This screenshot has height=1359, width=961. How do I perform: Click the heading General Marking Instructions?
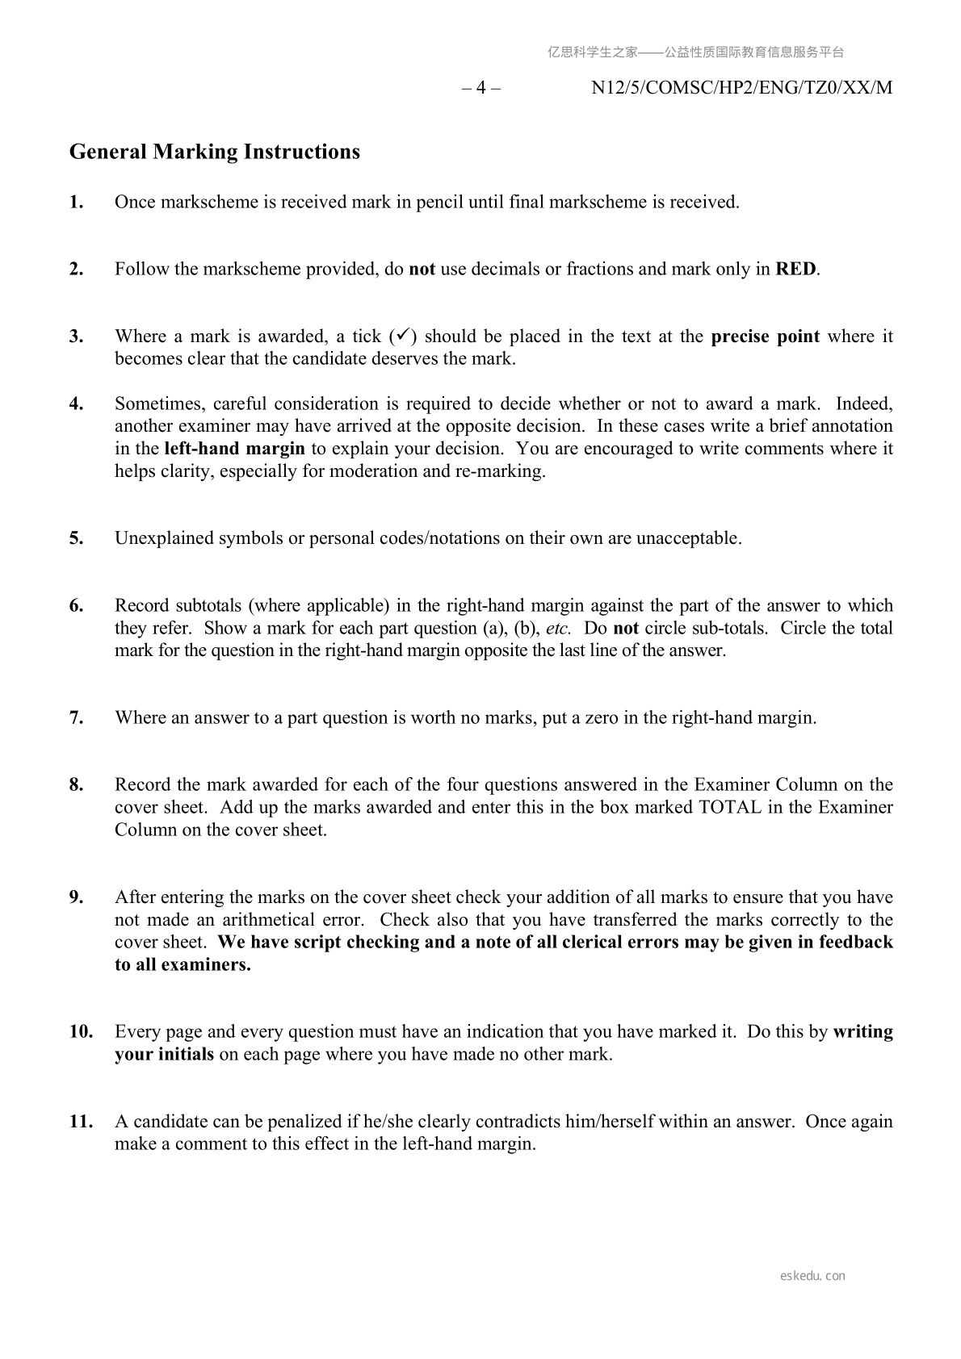214,152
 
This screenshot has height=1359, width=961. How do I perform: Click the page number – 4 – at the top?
481,88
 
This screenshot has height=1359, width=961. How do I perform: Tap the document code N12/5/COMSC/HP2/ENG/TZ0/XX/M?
741,88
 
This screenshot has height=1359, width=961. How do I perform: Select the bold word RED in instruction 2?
795,269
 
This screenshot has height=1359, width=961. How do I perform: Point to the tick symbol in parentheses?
403,335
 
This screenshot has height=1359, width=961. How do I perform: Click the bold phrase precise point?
765,337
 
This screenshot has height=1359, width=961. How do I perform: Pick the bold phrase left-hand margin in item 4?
234,449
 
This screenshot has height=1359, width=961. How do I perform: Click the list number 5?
77,538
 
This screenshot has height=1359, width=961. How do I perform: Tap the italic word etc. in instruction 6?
558,629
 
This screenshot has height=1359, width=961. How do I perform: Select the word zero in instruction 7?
599,717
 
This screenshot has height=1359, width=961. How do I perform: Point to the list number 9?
77,897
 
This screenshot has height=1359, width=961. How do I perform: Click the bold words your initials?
164,1054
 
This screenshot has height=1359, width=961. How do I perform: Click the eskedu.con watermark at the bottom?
812,1276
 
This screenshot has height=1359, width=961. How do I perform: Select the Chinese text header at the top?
695,52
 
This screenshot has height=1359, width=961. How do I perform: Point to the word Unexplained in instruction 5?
164,538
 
